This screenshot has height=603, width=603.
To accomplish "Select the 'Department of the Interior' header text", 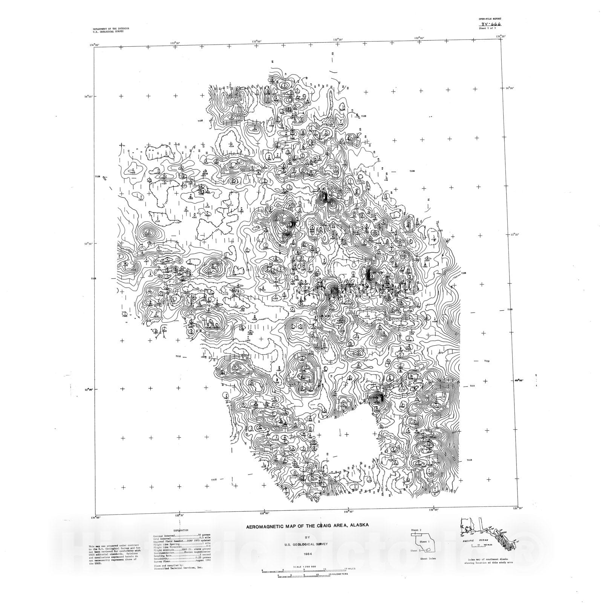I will tap(111, 29).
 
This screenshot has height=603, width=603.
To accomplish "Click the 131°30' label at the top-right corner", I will tap(500, 37).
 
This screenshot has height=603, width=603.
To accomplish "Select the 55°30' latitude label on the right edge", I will tap(515, 235).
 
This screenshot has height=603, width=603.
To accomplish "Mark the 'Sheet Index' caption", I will tap(428, 559).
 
